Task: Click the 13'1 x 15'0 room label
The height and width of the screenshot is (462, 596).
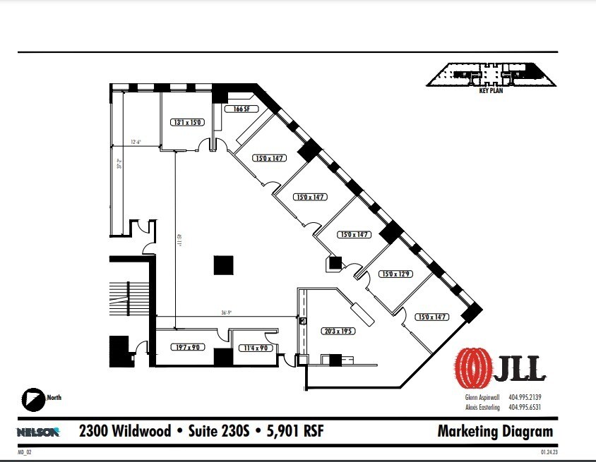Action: tap(188, 122)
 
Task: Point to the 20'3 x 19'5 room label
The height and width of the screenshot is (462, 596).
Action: tap(339, 330)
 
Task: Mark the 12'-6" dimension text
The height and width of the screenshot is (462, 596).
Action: tap(136, 142)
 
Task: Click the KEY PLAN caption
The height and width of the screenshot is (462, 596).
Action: tap(490, 90)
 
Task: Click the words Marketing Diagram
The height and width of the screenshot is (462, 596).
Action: tap(495, 431)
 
